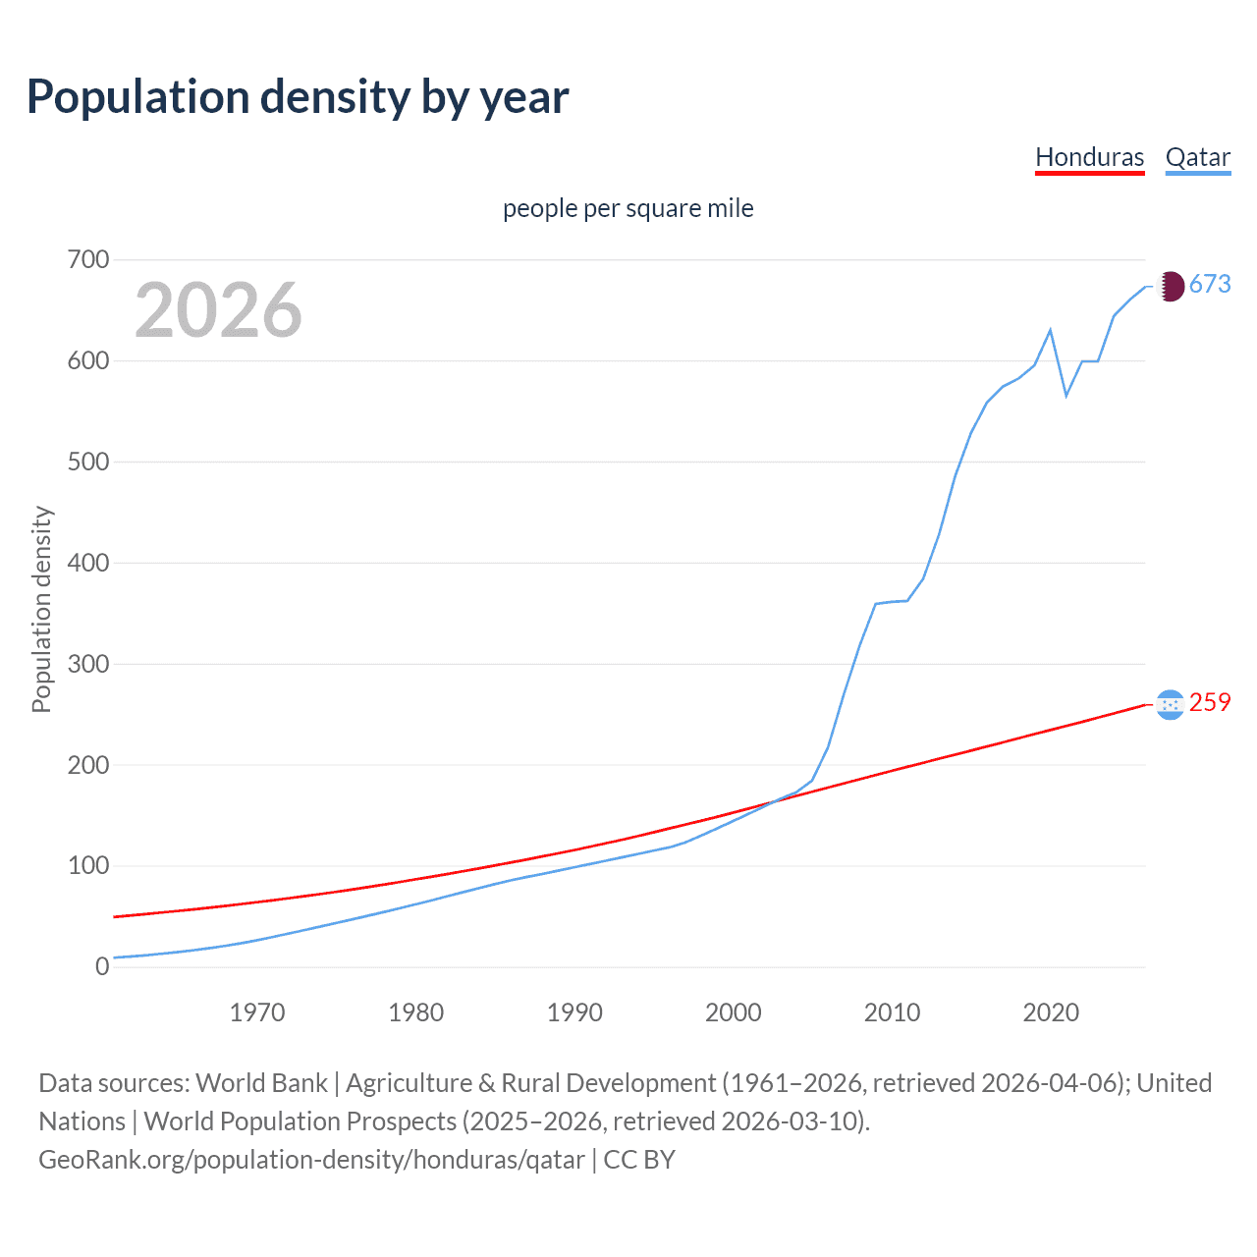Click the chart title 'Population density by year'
click(x=298, y=97)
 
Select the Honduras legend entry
click(x=1089, y=157)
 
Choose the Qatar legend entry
click(x=1197, y=157)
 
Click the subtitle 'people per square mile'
click(x=628, y=208)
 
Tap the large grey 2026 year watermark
click(x=218, y=310)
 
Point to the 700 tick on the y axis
click(x=87, y=260)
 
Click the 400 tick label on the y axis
click(x=87, y=563)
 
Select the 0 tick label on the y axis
click(x=102, y=966)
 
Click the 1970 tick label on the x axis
click(x=257, y=1012)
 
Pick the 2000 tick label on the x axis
click(x=733, y=1012)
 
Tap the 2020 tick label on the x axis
click(x=1051, y=1012)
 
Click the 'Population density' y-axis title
click(x=41, y=609)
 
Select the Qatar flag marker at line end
click(x=1170, y=286)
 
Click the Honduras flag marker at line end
click(x=1170, y=704)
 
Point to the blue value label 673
click(x=1210, y=285)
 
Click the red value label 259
click(x=1210, y=703)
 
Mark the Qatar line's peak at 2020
click(x=1051, y=330)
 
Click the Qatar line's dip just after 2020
click(x=1066, y=396)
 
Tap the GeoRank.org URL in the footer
click(x=311, y=1160)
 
